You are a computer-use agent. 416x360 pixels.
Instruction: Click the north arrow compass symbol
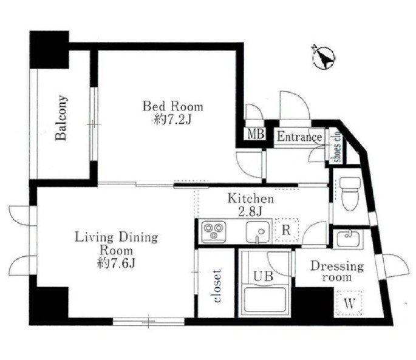click(x=324, y=58)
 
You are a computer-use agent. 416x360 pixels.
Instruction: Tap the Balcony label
click(x=61, y=118)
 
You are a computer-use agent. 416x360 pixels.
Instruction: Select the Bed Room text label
click(x=173, y=107)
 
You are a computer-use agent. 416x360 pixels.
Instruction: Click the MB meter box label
click(x=256, y=134)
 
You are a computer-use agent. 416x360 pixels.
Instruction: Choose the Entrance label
click(x=299, y=137)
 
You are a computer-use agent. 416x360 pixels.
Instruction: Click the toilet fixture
click(x=350, y=194)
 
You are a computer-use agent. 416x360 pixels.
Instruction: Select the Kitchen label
click(x=251, y=199)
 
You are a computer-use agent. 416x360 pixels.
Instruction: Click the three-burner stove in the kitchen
click(x=214, y=231)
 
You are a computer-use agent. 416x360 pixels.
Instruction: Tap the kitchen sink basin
click(x=258, y=232)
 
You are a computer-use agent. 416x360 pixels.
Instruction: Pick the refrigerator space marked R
click(x=287, y=229)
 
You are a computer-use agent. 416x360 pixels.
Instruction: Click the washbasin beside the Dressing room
click(x=348, y=239)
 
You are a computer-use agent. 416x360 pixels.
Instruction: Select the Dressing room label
click(x=337, y=271)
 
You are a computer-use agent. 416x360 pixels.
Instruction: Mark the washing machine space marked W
click(x=349, y=304)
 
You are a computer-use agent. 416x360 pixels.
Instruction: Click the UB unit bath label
click(x=263, y=276)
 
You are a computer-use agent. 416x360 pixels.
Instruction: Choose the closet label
click(x=217, y=286)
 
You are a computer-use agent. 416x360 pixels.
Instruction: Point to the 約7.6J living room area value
click(x=117, y=263)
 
